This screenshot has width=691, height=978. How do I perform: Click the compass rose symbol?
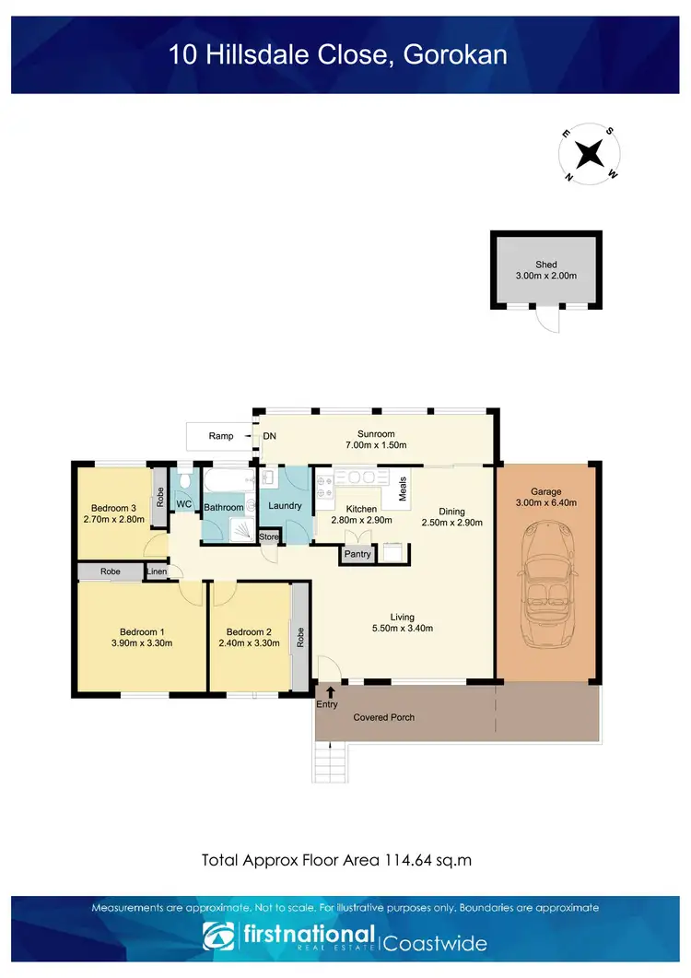click(x=591, y=153)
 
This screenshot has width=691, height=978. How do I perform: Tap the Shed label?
click(x=546, y=265)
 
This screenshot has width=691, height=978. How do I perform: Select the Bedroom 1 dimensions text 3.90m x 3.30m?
click(x=141, y=643)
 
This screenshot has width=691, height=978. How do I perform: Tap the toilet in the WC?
click(x=185, y=478)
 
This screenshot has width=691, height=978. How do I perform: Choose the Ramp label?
click(x=220, y=436)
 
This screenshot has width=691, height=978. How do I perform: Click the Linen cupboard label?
click(x=158, y=572)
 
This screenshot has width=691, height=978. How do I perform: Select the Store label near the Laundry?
click(x=269, y=536)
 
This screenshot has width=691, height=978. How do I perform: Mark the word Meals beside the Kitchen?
click(x=403, y=490)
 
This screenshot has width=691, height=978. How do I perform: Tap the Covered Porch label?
click(x=383, y=716)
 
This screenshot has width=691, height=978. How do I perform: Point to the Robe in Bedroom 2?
click(x=300, y=637)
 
